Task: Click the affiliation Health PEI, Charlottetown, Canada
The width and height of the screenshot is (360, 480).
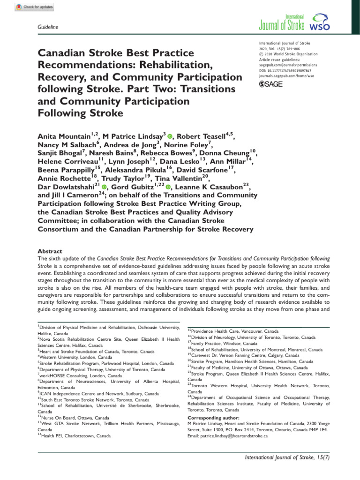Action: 75,435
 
